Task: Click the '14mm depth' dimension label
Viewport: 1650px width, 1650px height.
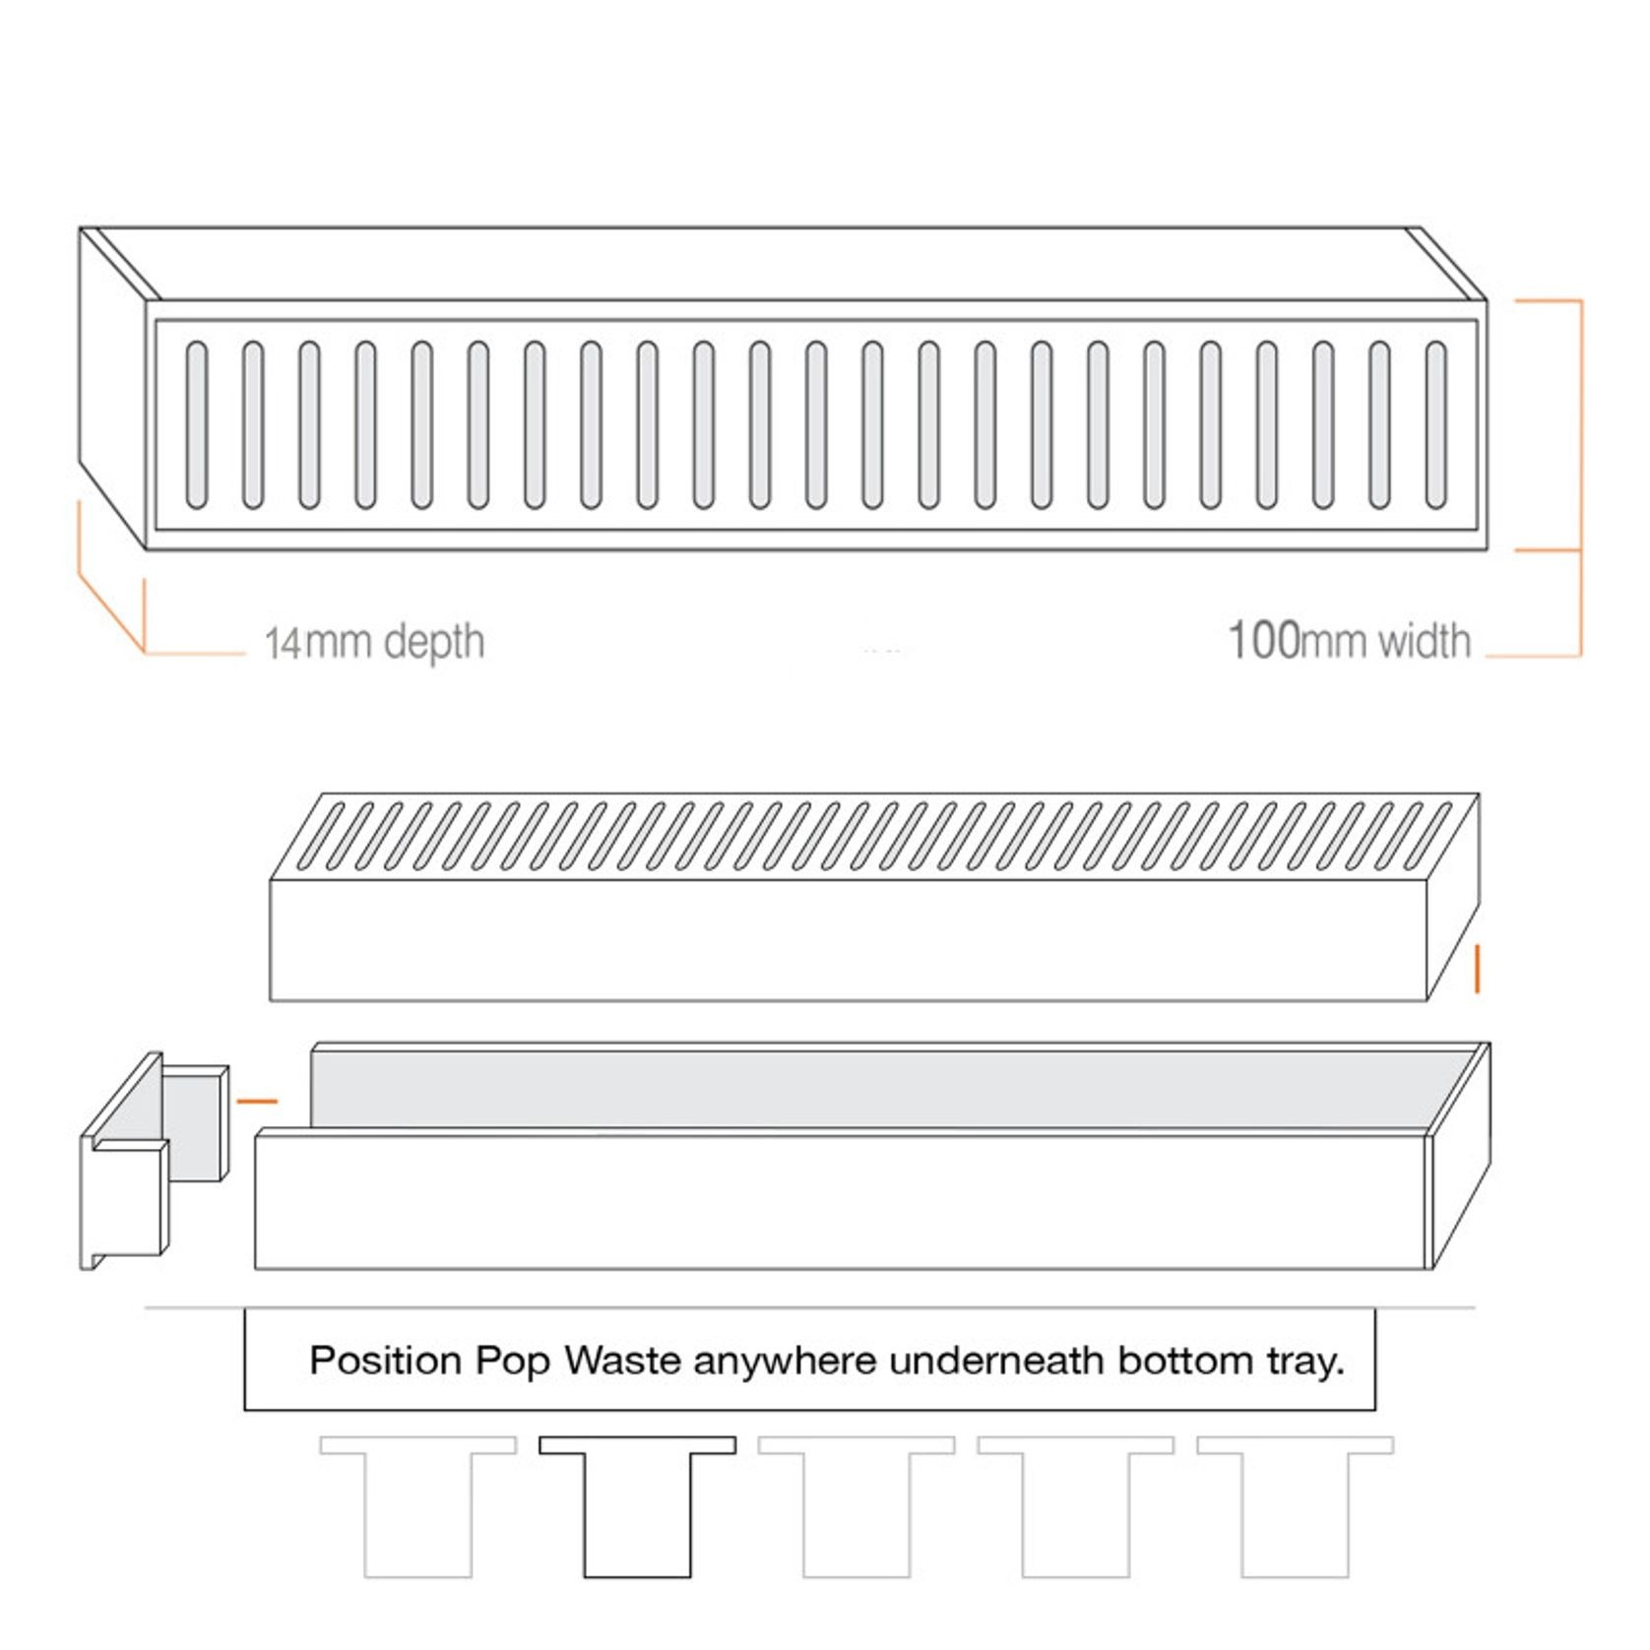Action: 375,642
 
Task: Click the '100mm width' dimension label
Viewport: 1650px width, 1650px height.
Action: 1349,640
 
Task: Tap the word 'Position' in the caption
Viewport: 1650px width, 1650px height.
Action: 385,1361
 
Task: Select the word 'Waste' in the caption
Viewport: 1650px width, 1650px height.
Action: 622,1361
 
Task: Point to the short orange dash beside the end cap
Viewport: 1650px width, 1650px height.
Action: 258,1102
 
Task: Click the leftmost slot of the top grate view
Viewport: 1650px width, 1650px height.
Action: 197,424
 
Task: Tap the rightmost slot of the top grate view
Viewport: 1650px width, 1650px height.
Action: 1436,424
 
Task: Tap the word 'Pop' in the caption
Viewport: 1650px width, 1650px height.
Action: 512,1361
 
